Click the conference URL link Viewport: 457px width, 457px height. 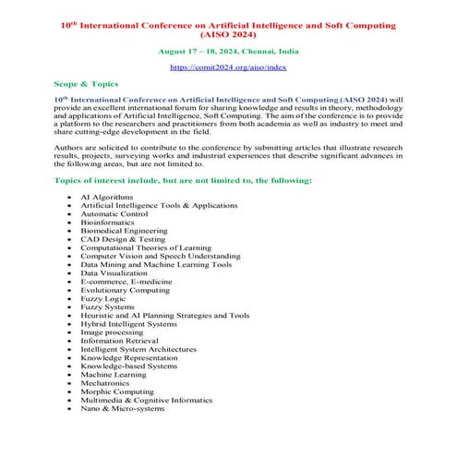coord(228,67)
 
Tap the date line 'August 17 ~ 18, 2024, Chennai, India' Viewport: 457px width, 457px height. coord(228,52)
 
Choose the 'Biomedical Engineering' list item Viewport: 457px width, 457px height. coord(124,231)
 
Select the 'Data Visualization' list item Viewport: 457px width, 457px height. coord(114,273)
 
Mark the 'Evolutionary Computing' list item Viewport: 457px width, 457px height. coord(125,290)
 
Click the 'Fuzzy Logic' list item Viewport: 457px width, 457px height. coord(102,298)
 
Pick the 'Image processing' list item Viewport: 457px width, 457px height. coord(112,332)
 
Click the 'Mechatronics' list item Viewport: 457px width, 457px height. coord(106,383)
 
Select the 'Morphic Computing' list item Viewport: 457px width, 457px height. coord(116,391)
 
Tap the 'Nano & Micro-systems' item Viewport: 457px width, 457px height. coord(123,409)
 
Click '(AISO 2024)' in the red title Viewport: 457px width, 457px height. coord(228,34)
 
